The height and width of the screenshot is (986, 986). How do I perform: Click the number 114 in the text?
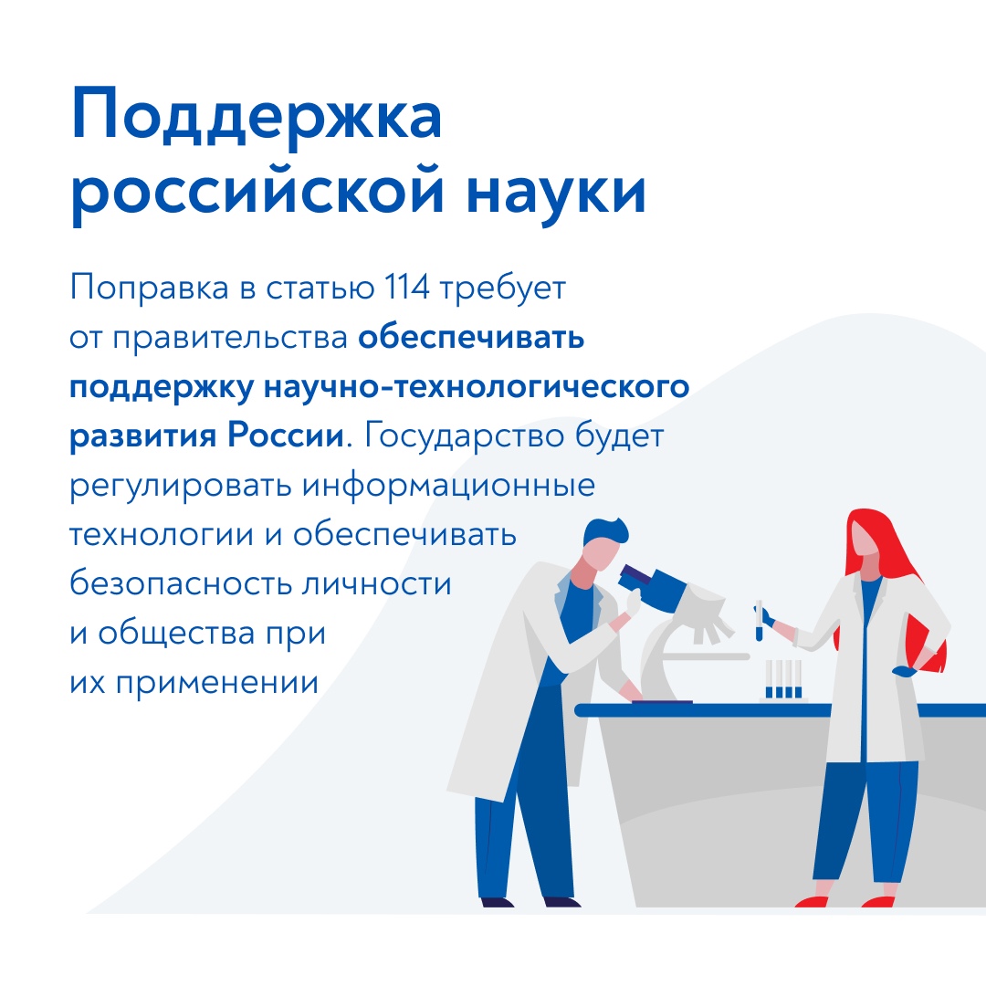point(407,288)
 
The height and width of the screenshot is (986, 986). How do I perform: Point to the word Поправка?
point(149,288)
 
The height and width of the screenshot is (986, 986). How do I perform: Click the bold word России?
point(286,435)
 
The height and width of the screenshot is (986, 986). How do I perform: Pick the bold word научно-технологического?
point(477,386)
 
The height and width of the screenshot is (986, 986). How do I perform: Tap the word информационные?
point(448,486)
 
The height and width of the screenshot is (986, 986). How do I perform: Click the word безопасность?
point(181,583)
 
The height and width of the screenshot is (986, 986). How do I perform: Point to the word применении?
point(217,683)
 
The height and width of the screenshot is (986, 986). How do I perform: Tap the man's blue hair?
point(605,532)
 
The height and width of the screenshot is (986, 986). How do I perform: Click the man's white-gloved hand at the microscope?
point(632,603)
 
